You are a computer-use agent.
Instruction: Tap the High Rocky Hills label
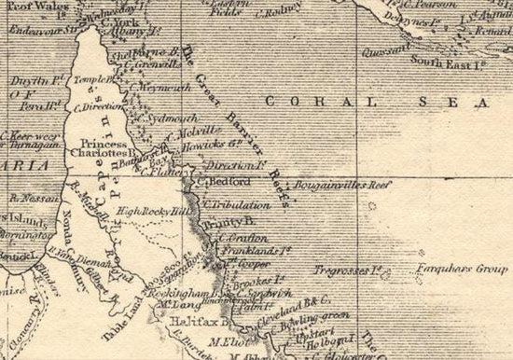pos(153,212)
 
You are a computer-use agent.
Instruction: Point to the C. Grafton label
pos(237,240)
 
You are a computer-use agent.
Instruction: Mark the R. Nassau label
pos(30,198)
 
